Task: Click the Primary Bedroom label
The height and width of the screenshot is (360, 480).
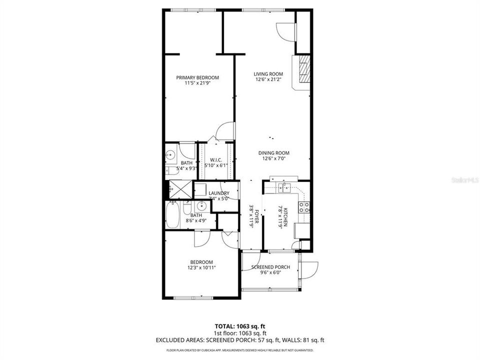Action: [197, 77]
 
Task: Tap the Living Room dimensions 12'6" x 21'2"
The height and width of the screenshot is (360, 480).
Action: [269, 79]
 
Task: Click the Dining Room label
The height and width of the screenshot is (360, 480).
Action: [273, 153]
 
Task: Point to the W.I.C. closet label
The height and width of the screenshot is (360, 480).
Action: [215, 159]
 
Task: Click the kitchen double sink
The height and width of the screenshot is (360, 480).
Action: [283, 187]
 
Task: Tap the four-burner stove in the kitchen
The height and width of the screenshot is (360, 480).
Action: [305, 207]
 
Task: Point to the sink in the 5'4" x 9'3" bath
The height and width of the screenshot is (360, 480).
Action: [171, 155]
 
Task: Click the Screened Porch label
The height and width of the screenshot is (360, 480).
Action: [270, 267]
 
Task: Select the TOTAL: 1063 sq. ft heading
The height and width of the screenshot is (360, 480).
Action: [240, 326]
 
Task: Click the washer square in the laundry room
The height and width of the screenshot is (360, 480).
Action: [200, 190]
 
